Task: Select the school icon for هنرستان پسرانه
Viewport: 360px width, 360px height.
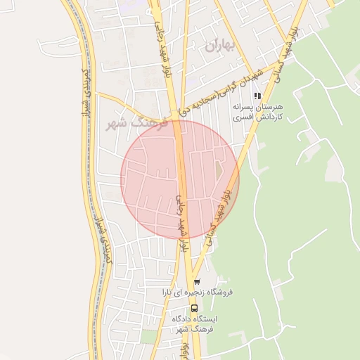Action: coord(258,96)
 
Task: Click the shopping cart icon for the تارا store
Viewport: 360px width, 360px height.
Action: coord(196,283)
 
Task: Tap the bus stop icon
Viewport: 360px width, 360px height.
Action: coord(194,308)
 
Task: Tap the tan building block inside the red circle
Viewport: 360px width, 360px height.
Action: coord(218,171)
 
